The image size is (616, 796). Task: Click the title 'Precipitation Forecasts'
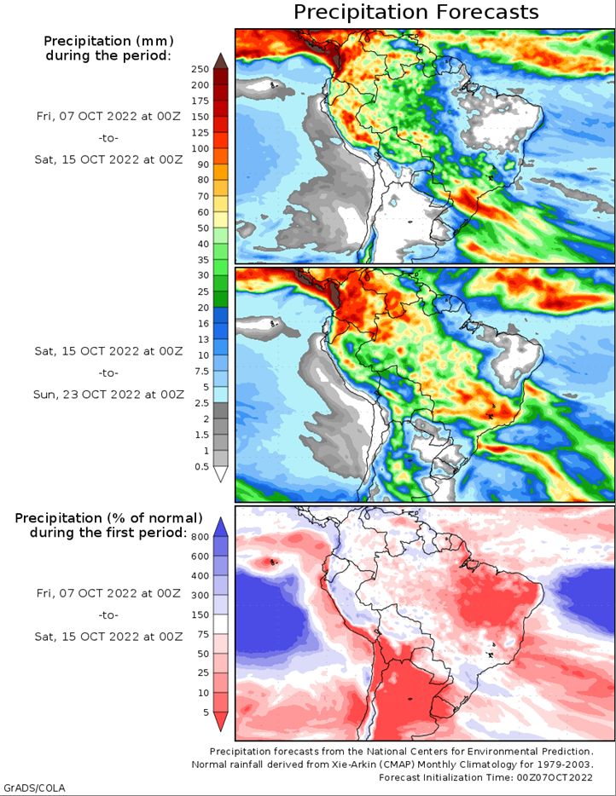click(x=416, y=12)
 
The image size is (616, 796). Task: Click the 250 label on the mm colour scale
click(x=200, y=69)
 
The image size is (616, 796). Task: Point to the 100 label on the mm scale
click(x=200, y=148)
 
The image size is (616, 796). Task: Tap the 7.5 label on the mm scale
click(x=201, y=371)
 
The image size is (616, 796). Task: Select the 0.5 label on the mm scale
click(x=201, y=466)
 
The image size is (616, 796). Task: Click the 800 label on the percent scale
click(x=200, y=537)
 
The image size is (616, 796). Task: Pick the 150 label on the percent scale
click(x=200, y=614)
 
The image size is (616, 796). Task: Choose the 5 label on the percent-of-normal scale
click(x=206, y=712)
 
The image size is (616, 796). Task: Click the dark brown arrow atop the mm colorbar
click(x=221, y=61)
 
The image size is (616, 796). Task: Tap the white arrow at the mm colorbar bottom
click(x=221, y=474)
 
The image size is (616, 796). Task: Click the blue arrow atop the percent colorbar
click(x=221, y=527)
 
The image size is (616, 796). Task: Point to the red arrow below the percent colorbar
click(x=221, y=721)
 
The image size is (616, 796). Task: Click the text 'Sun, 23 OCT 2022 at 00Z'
click(x=108, y=395)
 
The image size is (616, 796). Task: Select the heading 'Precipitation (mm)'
click(x=108, y=41)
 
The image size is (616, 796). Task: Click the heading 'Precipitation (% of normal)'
click(x=108, y=518)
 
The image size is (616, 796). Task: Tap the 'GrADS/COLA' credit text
click(x=35, y=787)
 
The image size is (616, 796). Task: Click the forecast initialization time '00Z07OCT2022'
click(x=555, y=777)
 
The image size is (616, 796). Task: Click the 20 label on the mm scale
click(x=203, y=307)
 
